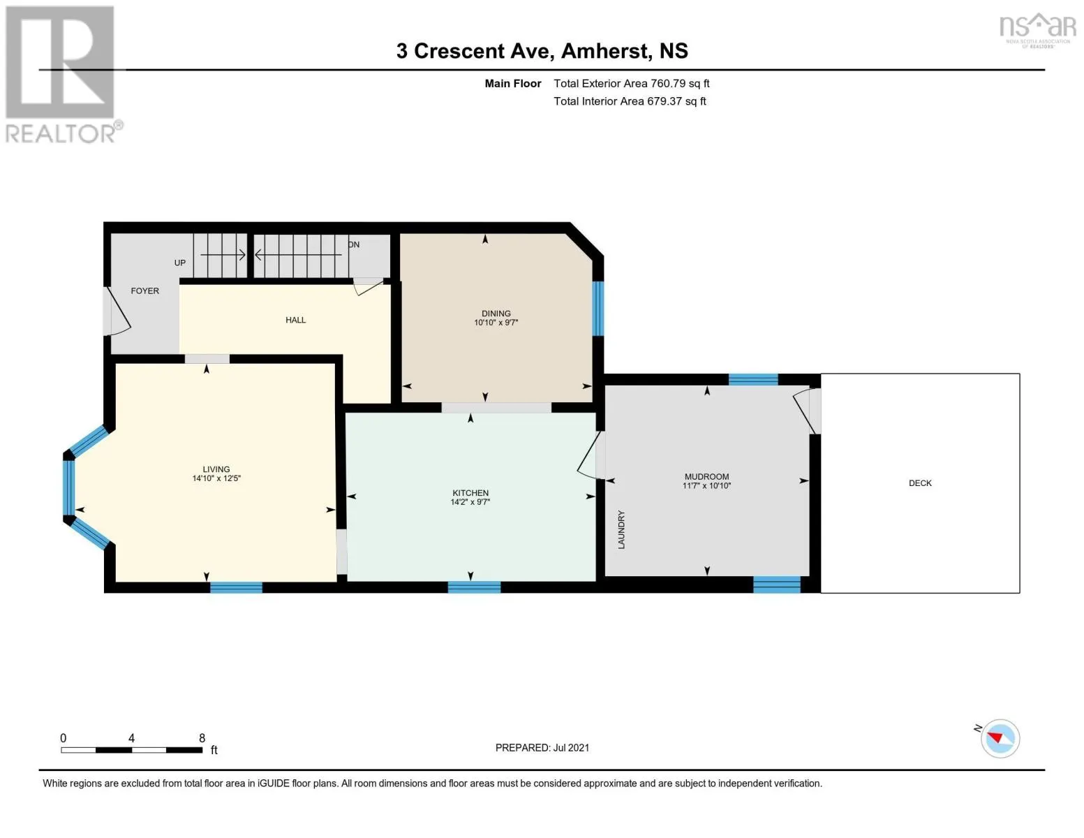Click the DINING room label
tap(496, 314)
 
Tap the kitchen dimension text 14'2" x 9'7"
tap(470, 502)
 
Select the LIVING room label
tap(216, 469)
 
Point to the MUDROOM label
tap(706, 476)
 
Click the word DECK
tap(920, 483)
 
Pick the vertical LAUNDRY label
tap(621, 529)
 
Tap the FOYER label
tap(145, 291)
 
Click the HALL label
tap(295, 320)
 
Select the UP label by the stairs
tap(180, 263)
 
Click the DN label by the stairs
tap(354, 244)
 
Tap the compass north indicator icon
tap(1000, 738)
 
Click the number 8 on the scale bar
tap(202, 738)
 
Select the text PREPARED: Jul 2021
tap(542, 748)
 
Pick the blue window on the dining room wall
tap(598, 309)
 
